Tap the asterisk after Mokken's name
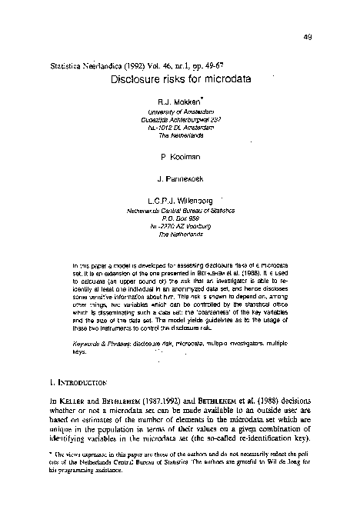click(x=201, y=98)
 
